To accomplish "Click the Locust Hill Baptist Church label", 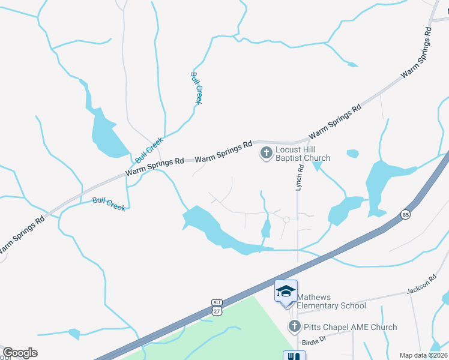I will click(x=303, y=154).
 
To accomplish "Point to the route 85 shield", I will click(x=406, y=214).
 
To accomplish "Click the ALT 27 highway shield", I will click(x=217, y=307).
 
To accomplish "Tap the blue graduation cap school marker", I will click(x=286, y=292).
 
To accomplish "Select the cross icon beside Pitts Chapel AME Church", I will click(x=294, y=327).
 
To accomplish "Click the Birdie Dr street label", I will click(x=313, y=341).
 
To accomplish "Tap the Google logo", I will click(x=20, y=353).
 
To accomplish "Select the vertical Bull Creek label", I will click(x=196, y=88).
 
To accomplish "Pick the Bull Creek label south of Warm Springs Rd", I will click(x=109, y=204).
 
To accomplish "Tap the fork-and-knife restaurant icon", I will click(x=294, y=356).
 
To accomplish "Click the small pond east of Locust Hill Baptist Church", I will click(x=352, y=154).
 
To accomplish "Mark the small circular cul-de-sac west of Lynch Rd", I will click(x=286, y=220).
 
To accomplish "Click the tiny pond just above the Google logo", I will click(x=74, y=333).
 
